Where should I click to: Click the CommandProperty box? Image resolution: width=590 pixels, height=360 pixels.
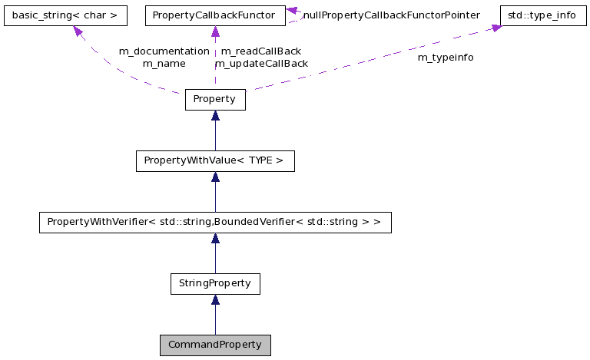(215, 345)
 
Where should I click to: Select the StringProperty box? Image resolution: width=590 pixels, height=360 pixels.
(215, 283)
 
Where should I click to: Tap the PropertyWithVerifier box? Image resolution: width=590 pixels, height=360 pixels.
(215, 223)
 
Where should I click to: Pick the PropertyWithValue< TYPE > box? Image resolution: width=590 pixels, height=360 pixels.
(215, 161)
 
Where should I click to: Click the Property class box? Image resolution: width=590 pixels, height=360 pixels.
(215, 100)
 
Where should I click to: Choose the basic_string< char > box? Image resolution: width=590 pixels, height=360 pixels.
(65, 15)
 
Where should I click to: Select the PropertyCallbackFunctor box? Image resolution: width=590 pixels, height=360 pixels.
(215, 15)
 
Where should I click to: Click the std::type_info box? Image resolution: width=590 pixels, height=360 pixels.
(542, 15)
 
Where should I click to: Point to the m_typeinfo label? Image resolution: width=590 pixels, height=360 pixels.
(446, 58)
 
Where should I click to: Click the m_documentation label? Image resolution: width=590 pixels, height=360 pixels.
(164, 51)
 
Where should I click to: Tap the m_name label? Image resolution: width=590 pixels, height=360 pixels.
(164, 64)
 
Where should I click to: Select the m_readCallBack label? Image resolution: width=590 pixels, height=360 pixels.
(260, 51)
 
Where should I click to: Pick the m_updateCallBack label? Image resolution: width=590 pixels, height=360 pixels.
(261, 64)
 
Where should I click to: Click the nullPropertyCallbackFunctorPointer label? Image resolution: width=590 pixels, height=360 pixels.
(391, 15)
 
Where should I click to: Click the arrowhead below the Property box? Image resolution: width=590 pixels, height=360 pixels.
(215, 116)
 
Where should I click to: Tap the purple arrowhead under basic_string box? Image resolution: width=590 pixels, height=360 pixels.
(78, 31)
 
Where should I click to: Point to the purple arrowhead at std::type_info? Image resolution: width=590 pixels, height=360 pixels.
(496, 28)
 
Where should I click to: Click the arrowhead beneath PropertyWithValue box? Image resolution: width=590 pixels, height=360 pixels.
(215, 177)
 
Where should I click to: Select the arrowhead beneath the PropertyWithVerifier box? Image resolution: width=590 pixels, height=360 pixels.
(215, 239)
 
